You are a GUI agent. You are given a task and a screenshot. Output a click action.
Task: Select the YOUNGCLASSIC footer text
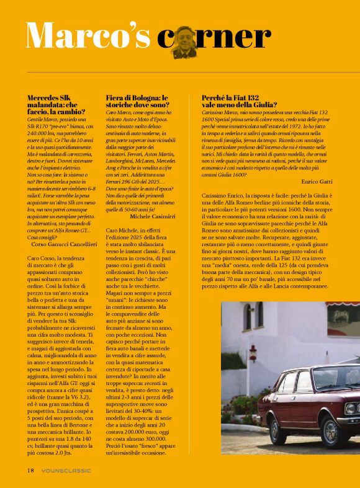(66, 470)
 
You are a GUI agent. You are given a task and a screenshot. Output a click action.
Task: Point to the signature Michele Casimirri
(153, 216)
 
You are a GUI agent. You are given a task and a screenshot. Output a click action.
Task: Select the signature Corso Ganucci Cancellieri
(64, 244)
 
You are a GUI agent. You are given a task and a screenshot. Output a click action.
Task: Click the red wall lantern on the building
(253, 353)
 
